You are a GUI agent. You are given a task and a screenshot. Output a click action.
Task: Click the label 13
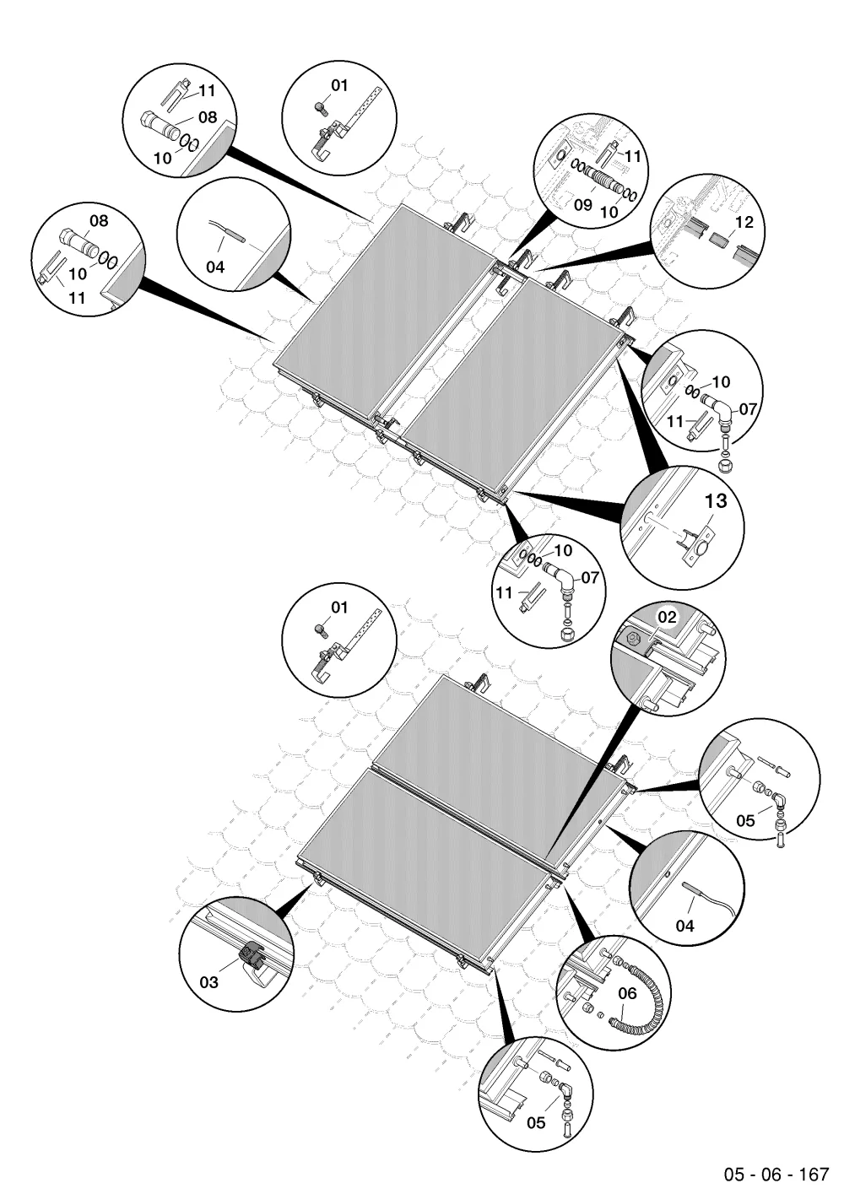click(716, 501)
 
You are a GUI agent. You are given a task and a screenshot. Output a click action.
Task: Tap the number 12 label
click(744, 222)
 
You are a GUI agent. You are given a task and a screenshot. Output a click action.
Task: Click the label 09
click(584, 205)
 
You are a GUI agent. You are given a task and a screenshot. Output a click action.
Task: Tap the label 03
click(209, 982)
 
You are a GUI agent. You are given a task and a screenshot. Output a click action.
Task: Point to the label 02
click(667, 618)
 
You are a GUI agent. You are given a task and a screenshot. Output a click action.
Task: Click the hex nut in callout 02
click(630, 636)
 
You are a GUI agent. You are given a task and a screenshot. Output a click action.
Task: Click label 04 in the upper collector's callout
click(215, 267)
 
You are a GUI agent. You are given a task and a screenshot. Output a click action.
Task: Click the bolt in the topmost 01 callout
click(321, 108)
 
